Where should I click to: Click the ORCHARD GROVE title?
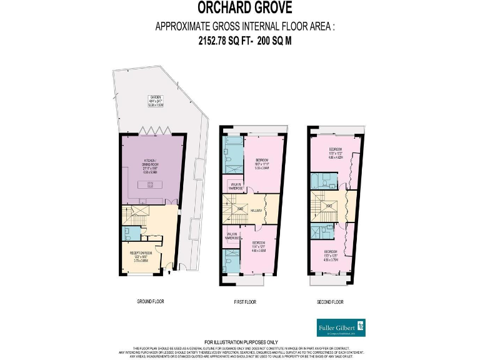point(239,8)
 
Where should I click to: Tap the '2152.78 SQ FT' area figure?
point(216,40)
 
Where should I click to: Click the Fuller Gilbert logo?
point(339,327)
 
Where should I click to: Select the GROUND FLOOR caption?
point(150,301)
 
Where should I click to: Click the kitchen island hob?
point(150,184)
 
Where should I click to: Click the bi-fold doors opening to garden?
point(150,131)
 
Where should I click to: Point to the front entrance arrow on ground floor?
point(169,272)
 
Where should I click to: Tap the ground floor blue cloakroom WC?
point(127,234)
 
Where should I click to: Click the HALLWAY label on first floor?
point(256,211)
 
